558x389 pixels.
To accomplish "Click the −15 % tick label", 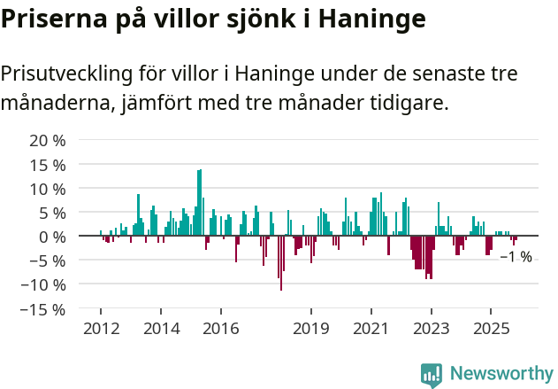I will (42, 309).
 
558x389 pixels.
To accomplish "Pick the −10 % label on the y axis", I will (42, 284).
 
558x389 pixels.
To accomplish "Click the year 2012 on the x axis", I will (101, 329).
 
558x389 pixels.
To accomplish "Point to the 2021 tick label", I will (371, 329).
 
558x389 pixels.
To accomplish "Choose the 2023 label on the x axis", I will (432, 329).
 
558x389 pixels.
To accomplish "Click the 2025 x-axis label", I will (492, 329).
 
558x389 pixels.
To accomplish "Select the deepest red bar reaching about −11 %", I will (281, 263).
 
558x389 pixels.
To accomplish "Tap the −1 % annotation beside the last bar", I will (516, 257).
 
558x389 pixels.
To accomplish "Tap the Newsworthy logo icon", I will (432, 375).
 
